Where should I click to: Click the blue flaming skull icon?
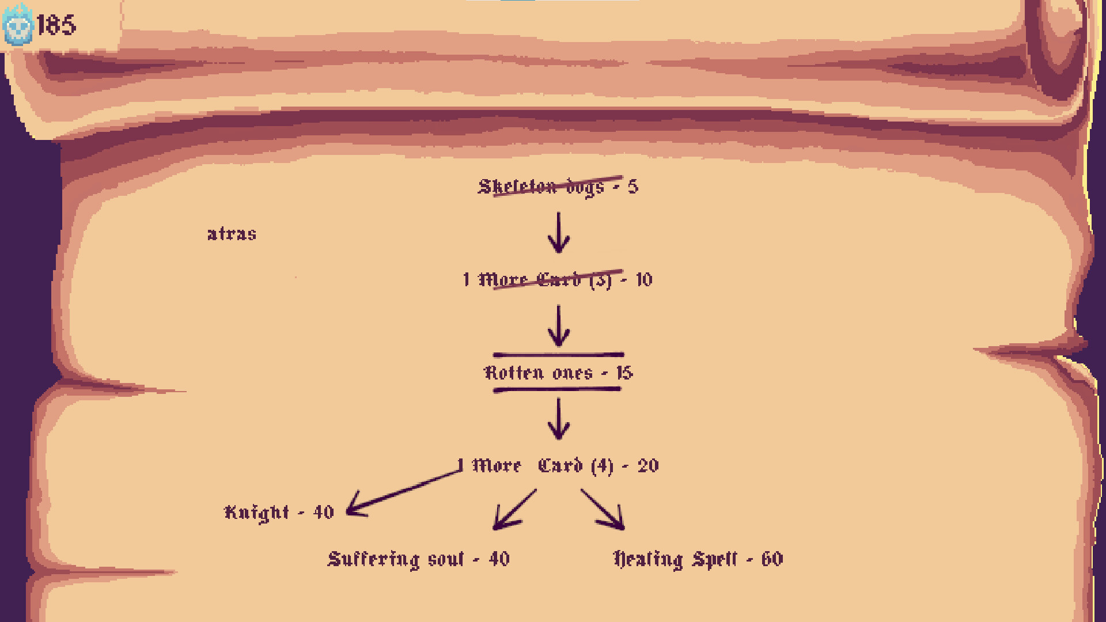click(x=17, y=25)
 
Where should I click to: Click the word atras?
click(x=232, y=234)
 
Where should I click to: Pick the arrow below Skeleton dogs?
click(x=558, y=232)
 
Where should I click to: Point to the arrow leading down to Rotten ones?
click(x=558, y=325)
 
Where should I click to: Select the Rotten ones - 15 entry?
click(x=558, y=373)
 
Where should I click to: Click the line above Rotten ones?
click(x=558, y=355)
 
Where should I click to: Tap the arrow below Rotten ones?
click(x=558, y=419)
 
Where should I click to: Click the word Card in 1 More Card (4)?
click(x=560, y=465)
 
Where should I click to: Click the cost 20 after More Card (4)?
click(x=648, y=466)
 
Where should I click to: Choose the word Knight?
click(x=256, y=513)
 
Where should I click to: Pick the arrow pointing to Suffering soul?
click(x=514, y=510)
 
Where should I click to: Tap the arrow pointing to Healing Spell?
click(x=603, y=510)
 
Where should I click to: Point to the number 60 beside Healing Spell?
click(x=772, y=559)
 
